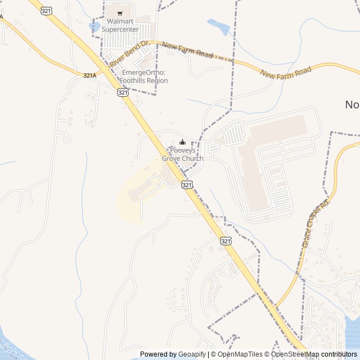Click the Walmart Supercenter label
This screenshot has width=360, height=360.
[119, 25]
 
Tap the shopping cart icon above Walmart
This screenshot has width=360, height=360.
[119, 12]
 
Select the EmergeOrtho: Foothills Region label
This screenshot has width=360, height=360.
[145, 76]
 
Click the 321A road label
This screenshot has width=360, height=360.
[90, 75]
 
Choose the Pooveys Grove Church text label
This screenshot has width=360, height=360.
[182, 155]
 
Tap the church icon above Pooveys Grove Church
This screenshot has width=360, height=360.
[182, 142]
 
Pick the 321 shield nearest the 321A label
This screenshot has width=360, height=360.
[123, 92]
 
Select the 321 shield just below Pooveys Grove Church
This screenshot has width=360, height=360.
[187, 184]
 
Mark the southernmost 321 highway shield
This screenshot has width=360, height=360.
[225, 241]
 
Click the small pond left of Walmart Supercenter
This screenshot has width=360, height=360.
[94, 26]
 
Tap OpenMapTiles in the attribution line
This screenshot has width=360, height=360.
[240, 354]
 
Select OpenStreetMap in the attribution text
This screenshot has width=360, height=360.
[296, 354]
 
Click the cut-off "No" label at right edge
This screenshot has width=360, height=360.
[352, 104]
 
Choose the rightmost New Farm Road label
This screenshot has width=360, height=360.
[286, 72]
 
